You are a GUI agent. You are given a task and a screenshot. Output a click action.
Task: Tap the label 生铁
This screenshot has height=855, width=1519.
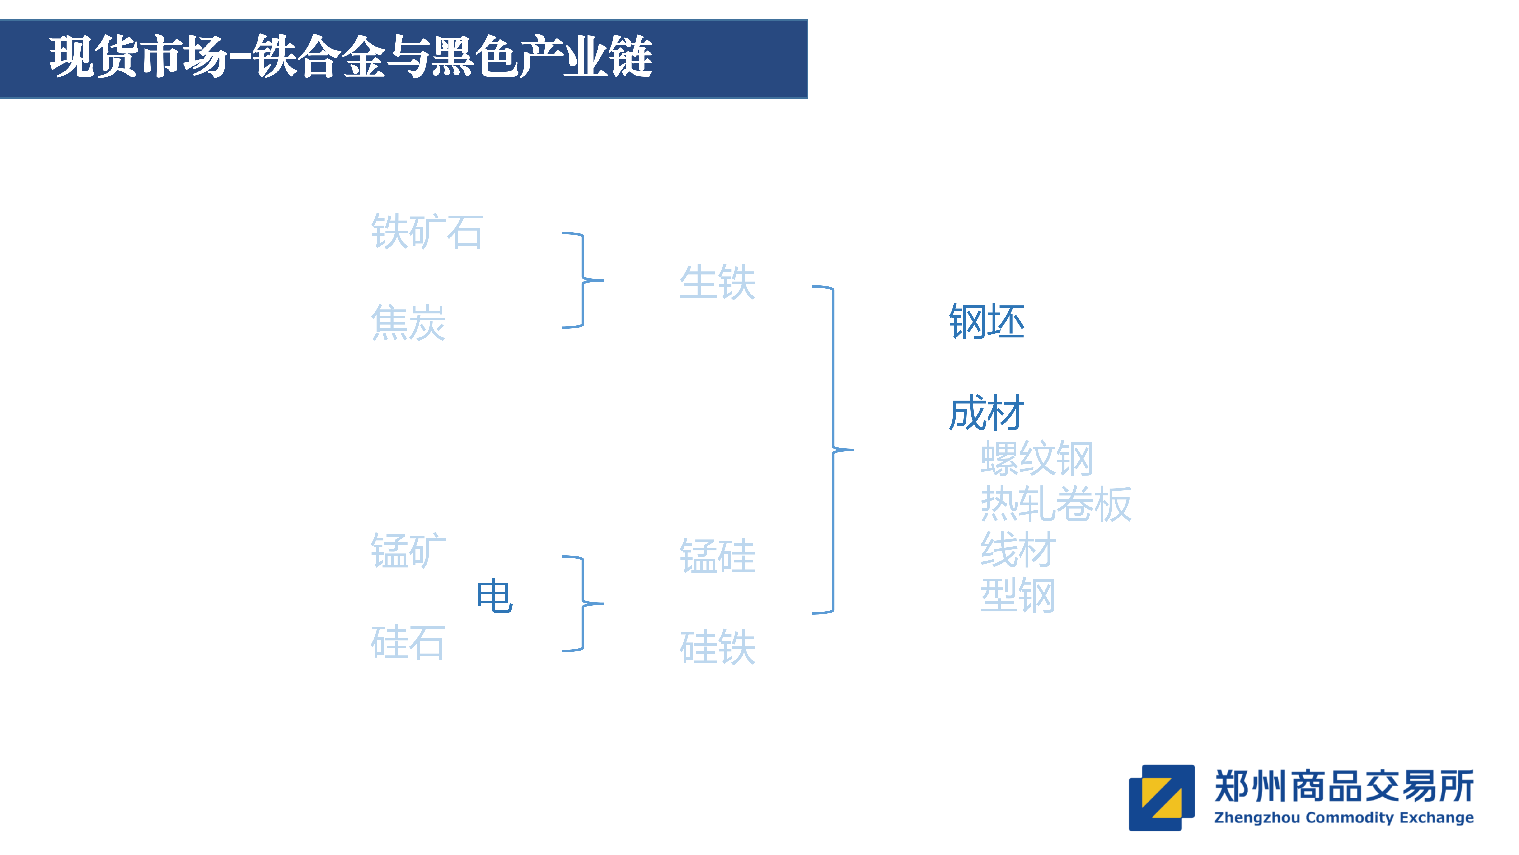pos(717,282)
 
